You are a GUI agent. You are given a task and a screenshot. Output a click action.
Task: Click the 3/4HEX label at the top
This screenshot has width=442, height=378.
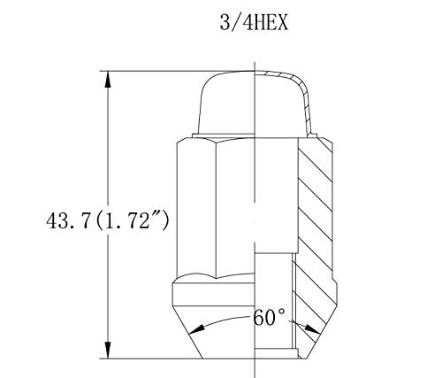click(254, 23)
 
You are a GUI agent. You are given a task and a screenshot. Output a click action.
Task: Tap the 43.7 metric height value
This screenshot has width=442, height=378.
click(67, 221)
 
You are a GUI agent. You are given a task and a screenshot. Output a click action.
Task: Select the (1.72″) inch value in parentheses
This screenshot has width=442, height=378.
click(133, 221)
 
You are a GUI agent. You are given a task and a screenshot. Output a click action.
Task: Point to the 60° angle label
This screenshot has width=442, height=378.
click(269, 317)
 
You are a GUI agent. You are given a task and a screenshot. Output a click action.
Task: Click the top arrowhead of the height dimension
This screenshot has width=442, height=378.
click(108, 80)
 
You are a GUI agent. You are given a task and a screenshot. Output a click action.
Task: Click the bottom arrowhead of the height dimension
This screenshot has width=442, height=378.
click(108, 351)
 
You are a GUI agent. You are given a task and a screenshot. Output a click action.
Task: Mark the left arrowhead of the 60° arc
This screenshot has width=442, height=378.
click(196, 329)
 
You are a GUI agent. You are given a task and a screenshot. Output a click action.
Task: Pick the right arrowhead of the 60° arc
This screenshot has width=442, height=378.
click(312, 329)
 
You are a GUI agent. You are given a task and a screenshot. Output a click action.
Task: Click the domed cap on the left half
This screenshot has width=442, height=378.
click(226, 104)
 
